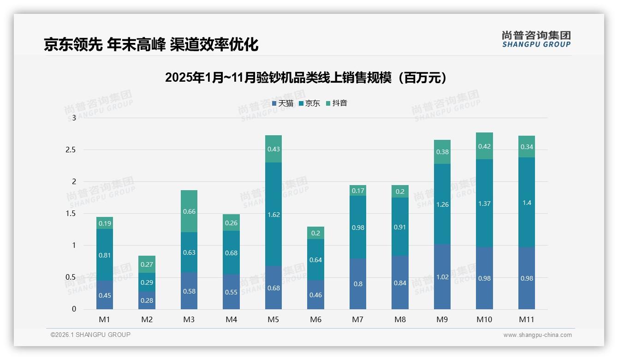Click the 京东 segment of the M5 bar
click(x=273, y=214)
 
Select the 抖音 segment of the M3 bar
click(x=189, y=211)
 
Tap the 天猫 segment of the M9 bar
click(x=442, y=277)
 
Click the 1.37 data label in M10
click(x=484, y=204)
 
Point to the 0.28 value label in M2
click(x=147, y=300)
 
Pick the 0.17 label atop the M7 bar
click(x=358, y=191)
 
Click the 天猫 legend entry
click(x=283, y=103)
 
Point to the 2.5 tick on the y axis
click(x=70, y=150)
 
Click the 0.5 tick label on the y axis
click(x=70, y=277)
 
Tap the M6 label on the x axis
click(x=315, y=319)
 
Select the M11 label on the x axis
click(x=527, y=319)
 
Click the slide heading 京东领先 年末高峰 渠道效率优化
click(x=151, y=44)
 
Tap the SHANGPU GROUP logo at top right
click(x=536, y=39)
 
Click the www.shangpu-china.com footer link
click(x=537, y=335)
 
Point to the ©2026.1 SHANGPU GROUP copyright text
click(x=90, y=335)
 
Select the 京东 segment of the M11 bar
click(x=527, y=202)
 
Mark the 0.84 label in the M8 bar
click(x=400, y=283)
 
